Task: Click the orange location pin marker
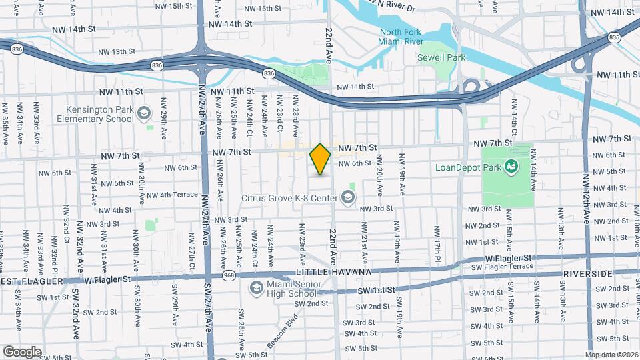(x=320, y=159)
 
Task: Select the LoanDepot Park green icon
(x=512, y=165)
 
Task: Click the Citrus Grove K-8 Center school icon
(x=347, y=197)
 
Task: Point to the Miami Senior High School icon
(x=255, y=288)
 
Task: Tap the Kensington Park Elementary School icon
(x=143, y=114)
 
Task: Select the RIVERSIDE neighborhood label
(x=587, y=274)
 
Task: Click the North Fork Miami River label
(x=402, y=38)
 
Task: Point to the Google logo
(x=22, y=351)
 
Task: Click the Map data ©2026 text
(x=612, y=355)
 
